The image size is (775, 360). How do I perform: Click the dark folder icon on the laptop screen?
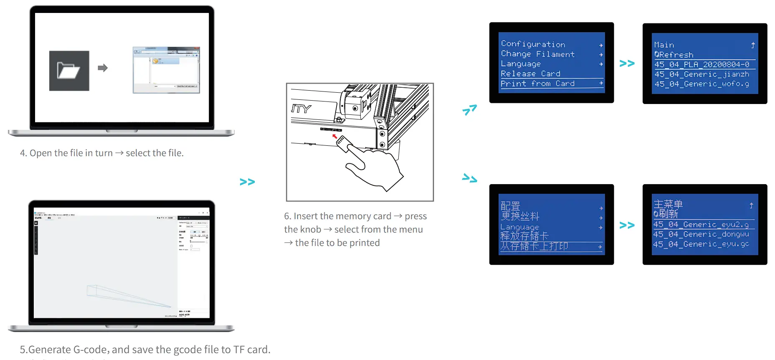pyautogui.click(x=69, y=71)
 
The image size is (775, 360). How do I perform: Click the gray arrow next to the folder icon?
pyautogui.click(x=103, y=68)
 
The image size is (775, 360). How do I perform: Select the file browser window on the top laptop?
pyautogui.click(x=166, y=70)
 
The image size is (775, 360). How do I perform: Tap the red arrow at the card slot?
pyautogui.click(x=334, y=136)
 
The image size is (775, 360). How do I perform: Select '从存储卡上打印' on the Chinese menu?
pyautogui.click(x=534, y=246)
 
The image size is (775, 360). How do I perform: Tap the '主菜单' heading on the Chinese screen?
pyautogui.click(x=668, y=204)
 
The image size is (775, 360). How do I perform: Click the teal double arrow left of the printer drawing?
pyautogui.click(x=247, y=182)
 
